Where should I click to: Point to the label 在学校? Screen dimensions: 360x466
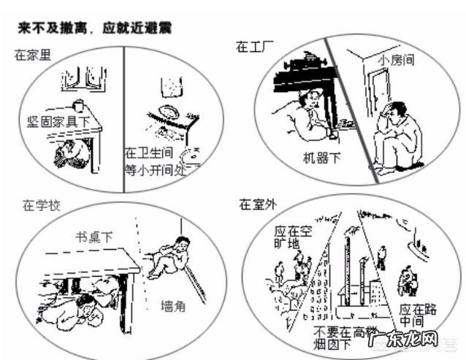pos(37,205)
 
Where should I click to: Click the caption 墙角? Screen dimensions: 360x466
pos(172,306)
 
